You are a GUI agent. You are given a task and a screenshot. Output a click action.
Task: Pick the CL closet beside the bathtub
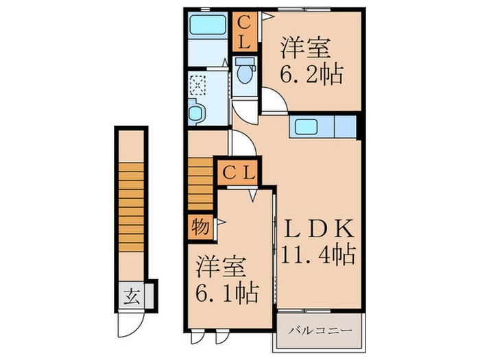244,32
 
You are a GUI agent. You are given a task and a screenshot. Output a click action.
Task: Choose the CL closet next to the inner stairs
237,172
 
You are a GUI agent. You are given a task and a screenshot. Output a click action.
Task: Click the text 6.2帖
310,73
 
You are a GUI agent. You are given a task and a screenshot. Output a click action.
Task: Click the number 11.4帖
317,256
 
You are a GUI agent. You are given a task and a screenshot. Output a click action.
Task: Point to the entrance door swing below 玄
130,322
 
